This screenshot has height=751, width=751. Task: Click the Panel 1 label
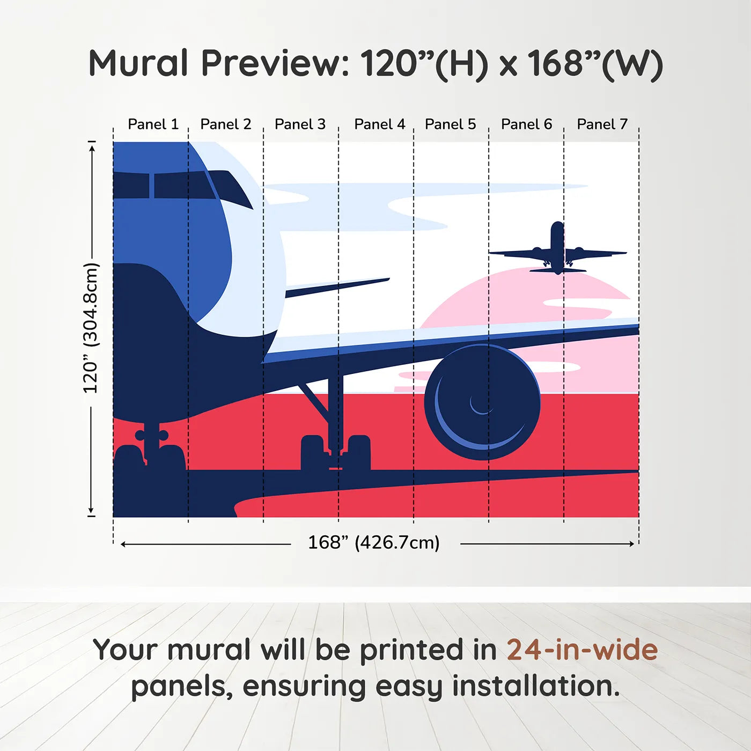pyautogui.click(x=153, y=124)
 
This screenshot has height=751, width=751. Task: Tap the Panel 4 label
pyautogui.click(x=379, y=124)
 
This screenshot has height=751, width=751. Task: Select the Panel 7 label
pyautogui.click(x=602, y=124)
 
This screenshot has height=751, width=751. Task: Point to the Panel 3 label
pyautogui.click(x=300, y=124)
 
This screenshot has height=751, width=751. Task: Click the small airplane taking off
pyautogui.click(x=557, y=249)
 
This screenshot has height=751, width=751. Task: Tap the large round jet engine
pyautogui.click(x=482, y=402)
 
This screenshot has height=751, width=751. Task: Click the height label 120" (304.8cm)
pyautogui.click(x=91, y=328)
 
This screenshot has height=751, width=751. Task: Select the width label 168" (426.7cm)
pyautogui.click(x=374, y=543)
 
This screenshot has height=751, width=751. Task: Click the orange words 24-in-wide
pyautogui.click(x=582, y=650)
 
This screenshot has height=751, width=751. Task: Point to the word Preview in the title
pyautogui.click(x=275, y=63)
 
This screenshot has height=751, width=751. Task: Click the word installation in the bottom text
pyautogui.click(x=535, y=686)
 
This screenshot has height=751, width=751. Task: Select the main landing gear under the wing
pyautogui.click(x=335, y=451)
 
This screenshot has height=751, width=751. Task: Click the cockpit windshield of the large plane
pyautogui.click(x=177, y=186)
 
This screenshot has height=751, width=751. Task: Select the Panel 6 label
pyautogui.click(x=526, y=124)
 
